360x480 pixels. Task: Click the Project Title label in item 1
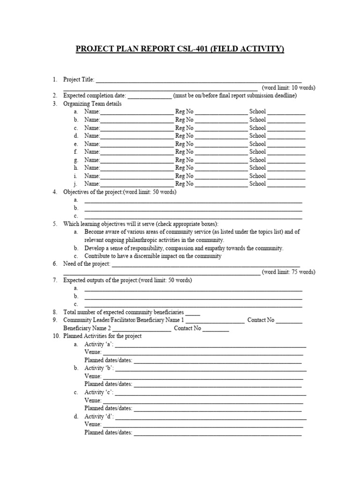pos(78,80)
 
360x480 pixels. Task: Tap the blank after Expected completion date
pos(150,96)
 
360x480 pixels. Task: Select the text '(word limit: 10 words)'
pos(288,88)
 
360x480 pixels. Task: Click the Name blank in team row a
pos(136,112)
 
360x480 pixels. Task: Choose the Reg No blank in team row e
pos(221,144)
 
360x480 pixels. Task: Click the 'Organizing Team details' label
pos(92,104)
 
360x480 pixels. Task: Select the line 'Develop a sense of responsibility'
pos(184,248)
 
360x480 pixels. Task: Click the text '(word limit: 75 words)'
pos(288,272)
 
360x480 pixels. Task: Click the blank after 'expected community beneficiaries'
pos(193,312)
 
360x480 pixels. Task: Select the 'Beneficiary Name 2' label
pos(87,328)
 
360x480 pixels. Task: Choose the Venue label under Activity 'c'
pos(93,400)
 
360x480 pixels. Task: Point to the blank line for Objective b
pos(193,208)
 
